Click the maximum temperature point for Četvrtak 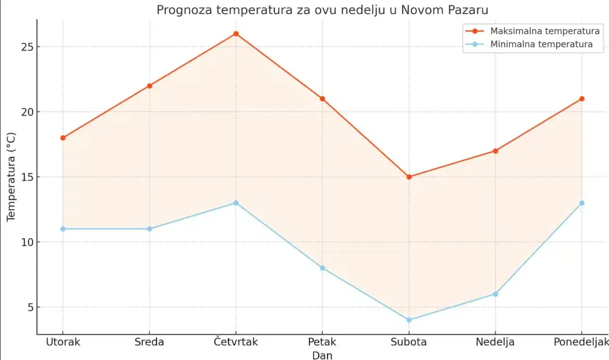(x=236, y=34)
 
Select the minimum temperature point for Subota (x=409, y=320)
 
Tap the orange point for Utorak (x=63, y=138)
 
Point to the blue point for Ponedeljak (x=582, y=203)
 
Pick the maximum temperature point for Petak (x=322, y=99)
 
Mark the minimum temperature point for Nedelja (x=495, y=294)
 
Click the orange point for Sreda (x=149, y=86)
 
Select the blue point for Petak (x=322, y=268)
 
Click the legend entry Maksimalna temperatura (x=537, y=31)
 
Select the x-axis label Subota (x=409, y=342)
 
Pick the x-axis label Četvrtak (x=236, y=342)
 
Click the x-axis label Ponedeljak (x=580, y=342)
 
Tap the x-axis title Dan (x=322, y=355)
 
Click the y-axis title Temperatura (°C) (x=11, y=177)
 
